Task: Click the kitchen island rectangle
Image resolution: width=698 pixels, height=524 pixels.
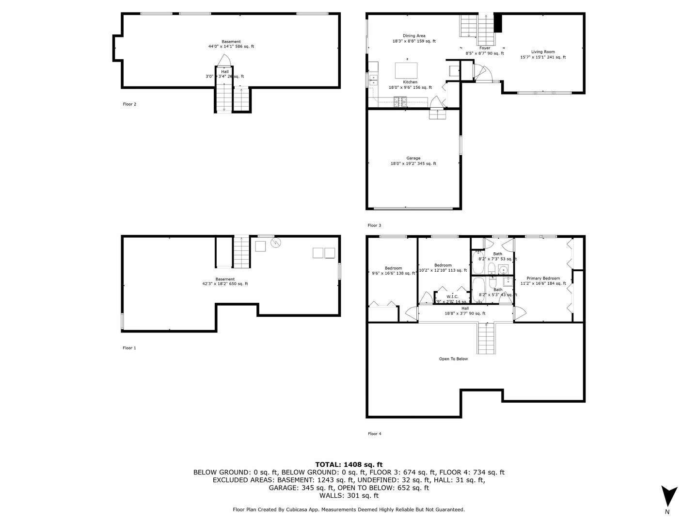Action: [x=407, y=70]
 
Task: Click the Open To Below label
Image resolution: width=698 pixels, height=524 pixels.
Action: [x=453, y=359]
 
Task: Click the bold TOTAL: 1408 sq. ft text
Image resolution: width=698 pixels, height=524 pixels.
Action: [x=349, y=464]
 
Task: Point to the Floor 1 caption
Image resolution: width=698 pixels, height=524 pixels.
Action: [x=129, y=348]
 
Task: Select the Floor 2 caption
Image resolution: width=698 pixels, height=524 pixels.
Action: [x=129, y=104]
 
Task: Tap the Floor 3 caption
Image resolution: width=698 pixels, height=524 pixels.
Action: [x=374, y=226]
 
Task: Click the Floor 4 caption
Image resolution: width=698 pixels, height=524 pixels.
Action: [x=374, y=434]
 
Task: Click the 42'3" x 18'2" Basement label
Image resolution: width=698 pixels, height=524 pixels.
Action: [x=225, y=281]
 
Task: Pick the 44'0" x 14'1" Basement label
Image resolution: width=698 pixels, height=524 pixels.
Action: [x=231, y=44]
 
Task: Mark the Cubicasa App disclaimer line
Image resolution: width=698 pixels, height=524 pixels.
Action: [x=349, y=509]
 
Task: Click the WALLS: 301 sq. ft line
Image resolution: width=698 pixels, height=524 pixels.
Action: [x=349, y=495]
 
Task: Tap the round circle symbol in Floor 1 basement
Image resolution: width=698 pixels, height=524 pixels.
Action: [x=276, y=243]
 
